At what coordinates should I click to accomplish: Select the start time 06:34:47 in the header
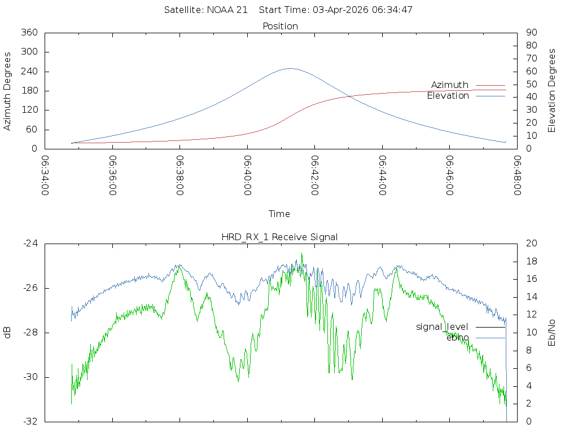click(x=395, y=10)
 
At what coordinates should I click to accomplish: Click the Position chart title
click(x=281, y=26)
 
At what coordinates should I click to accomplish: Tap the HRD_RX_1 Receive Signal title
click(x=279, y=237)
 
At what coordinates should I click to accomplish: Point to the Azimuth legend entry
click(x=450, y=85)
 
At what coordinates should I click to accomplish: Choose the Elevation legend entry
click(x=448, y=96)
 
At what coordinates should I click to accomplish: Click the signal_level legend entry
click(x=442, y=327)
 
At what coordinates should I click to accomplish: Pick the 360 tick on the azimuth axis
click(x=28, y=33)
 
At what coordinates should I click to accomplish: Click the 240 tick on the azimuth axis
click(x=28, y=72)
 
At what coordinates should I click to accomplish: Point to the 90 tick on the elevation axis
click(x=531, y=33)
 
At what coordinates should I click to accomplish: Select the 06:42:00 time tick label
click(x=314, y=175)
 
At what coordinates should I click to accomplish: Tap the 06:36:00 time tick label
click(x=112, y=175)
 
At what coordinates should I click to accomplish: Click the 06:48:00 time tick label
click(x=516, y=175)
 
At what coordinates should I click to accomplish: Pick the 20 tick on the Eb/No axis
click(x=531, y=244)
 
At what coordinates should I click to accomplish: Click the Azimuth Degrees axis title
click(x=8, y=91)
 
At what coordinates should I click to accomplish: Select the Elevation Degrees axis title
click(x=552, y=91)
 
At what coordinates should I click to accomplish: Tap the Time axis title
click(x=279, y=214)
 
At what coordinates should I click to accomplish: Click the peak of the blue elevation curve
click(x=290, y=68)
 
